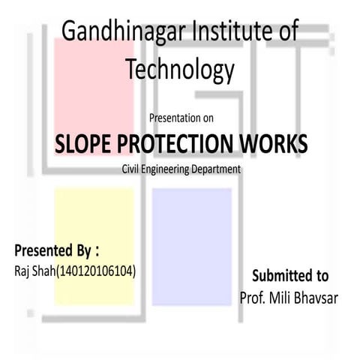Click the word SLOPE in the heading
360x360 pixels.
(82, 142)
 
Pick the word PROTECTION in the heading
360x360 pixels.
(179, 142)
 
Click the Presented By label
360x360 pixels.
(55, 249)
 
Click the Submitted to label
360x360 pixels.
(289, 275)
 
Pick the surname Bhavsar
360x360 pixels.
(319, 297)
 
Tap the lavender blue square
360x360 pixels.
(191, 225)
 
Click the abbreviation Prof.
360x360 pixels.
(253, 297)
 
